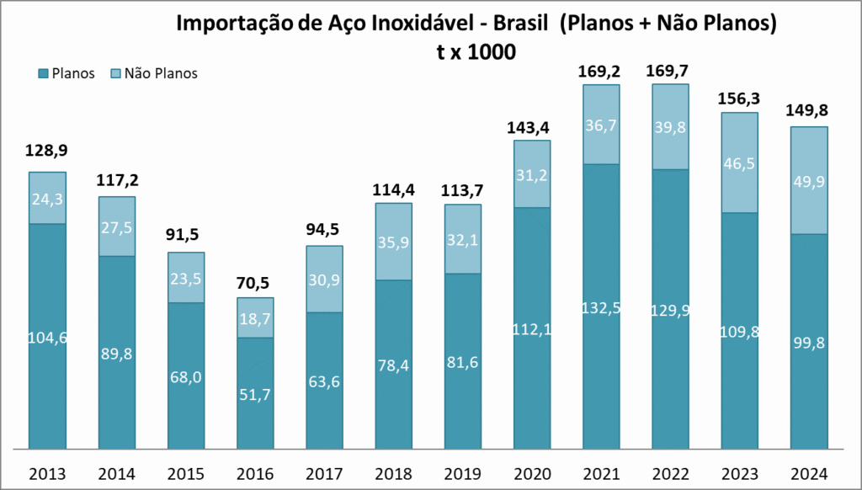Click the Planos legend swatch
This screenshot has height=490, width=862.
(44, 73)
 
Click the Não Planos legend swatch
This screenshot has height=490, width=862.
(116, 73)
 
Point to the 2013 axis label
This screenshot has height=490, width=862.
(47, 473)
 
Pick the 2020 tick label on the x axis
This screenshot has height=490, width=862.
(533, 473)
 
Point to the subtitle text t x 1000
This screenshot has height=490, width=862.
(476, 51)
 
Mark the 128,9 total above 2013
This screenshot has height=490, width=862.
(47, 151)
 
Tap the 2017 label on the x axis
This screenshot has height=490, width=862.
(325, 473)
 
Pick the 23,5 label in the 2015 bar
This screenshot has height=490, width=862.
(186, 277)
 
